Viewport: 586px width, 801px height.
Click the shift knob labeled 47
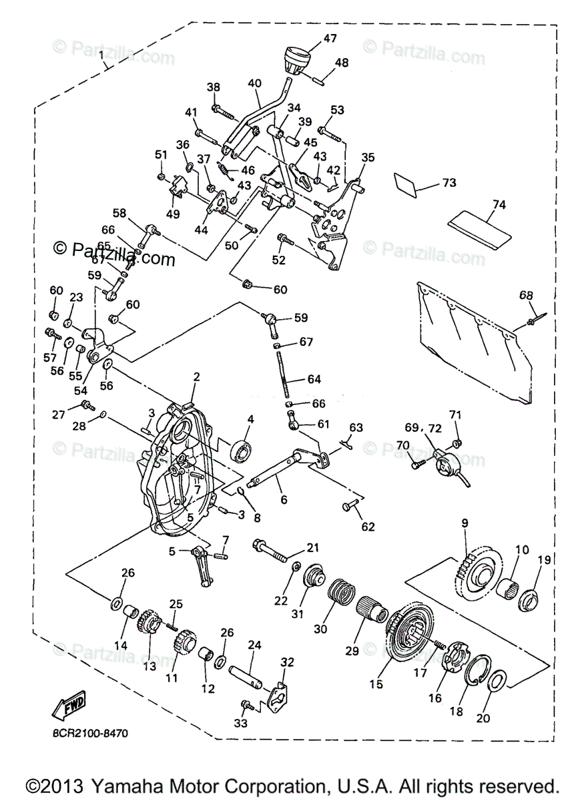point(298,61)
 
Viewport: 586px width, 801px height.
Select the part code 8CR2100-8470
point(90,733)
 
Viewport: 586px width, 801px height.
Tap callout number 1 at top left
point(101,55)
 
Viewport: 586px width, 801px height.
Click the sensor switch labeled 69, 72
point(449,465)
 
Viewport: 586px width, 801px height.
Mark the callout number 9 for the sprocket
point(465,523)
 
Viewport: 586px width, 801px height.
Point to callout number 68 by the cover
point(526,296)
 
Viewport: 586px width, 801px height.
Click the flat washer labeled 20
point(497,682)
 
